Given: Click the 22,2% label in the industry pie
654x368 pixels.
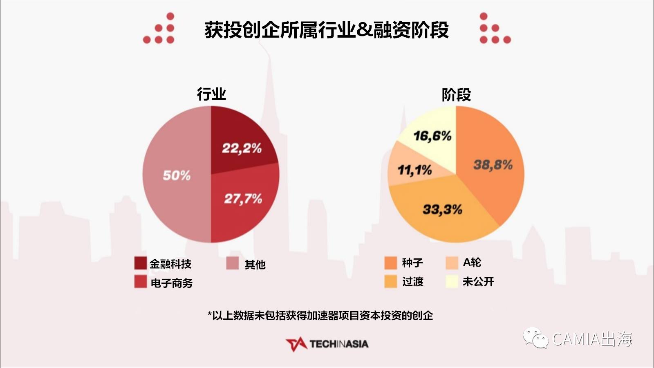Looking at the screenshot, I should click(242, 148).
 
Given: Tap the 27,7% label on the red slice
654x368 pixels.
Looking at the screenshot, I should click(243, 199).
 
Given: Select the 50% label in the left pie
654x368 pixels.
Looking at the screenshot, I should click(177, 175).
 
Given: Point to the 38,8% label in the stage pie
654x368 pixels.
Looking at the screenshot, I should click(493, 165).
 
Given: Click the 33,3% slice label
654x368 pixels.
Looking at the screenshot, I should click(442, 210).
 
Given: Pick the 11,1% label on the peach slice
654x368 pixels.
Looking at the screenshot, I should click(414, 170).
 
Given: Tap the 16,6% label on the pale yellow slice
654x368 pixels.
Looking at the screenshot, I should click(432, 136).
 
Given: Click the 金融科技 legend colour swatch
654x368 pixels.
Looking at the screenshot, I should click(140, 263).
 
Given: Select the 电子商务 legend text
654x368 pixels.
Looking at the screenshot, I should click(171, 283).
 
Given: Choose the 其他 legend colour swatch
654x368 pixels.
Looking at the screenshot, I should click(233, 263).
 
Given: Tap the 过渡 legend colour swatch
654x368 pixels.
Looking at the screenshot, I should click(391, 281).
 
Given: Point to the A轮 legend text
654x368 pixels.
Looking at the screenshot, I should click(472, 262).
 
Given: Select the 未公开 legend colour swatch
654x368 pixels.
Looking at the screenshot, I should click(452, 281).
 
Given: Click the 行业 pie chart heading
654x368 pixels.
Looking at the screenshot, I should click(211, 94).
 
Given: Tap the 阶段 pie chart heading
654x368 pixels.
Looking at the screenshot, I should click(456, 95).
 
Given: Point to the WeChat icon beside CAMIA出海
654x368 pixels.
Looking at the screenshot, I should click(535, 338).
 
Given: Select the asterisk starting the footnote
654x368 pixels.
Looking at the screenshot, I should click(210, 314).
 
